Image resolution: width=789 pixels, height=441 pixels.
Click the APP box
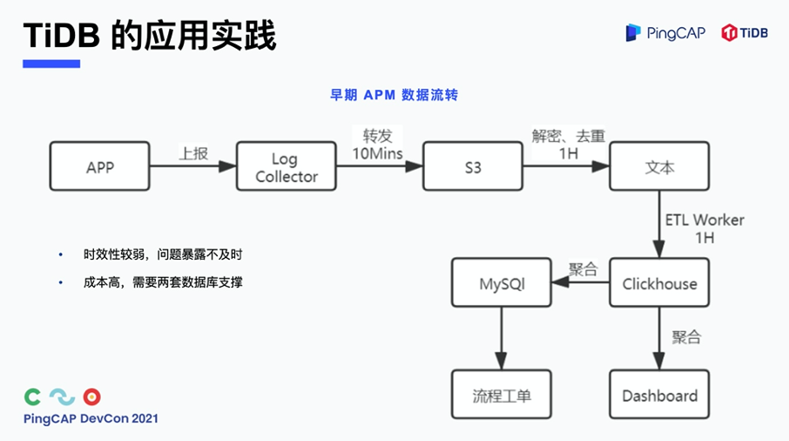point(99,167)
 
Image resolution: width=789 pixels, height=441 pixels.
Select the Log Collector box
point(286,167)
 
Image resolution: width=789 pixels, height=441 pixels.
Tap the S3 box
point(472,167)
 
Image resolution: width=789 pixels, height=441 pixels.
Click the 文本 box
point(659,167)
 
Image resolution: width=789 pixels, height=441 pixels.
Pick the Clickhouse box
point(659,284)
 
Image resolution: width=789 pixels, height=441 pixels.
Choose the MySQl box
point(502,284)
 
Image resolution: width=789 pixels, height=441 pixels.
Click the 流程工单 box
point(502,396)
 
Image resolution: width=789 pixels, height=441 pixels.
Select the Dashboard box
point(659,396)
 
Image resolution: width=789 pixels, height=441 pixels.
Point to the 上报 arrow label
point(193,153)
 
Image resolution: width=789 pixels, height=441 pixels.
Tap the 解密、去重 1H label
point(568,145)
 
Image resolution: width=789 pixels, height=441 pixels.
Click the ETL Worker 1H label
point(705,228)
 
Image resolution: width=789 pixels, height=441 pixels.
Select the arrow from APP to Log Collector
point(193,167)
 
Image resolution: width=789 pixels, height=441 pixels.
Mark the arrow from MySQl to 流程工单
point(502,339)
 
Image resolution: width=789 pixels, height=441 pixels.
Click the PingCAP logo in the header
point(665,33)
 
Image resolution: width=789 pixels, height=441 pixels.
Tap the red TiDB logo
point(745,33)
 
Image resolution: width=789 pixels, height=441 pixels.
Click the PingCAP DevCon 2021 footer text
point(91,419)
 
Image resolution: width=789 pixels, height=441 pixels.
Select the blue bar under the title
point(51,64)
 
